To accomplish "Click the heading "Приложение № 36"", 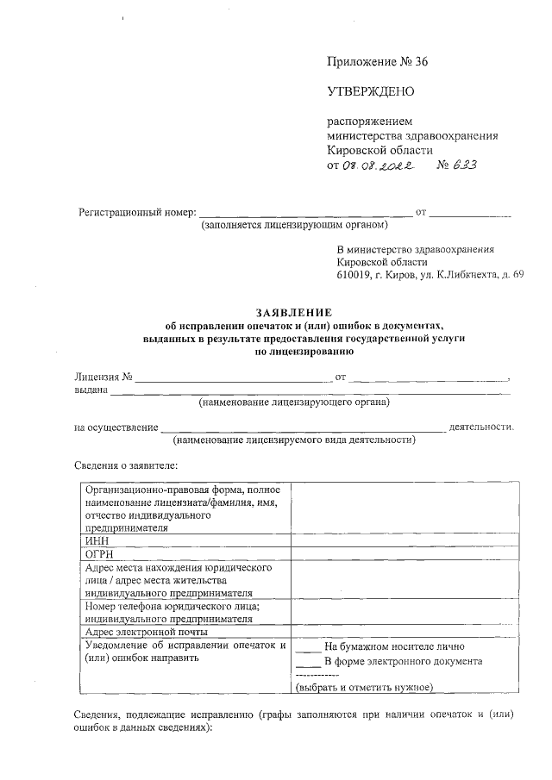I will [377, 61].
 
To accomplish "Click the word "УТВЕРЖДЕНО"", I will [370, 91].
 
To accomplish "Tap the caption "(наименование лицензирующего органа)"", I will [293, 402].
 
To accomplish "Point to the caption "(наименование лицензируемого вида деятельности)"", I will [293, 440].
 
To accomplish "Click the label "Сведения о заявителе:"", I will [126, 465].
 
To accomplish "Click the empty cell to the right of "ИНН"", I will [405, 540].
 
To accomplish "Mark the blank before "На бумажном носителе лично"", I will [308, 646].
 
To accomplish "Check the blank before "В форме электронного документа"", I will [308, 662].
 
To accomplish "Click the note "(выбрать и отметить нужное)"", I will [363, 687].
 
